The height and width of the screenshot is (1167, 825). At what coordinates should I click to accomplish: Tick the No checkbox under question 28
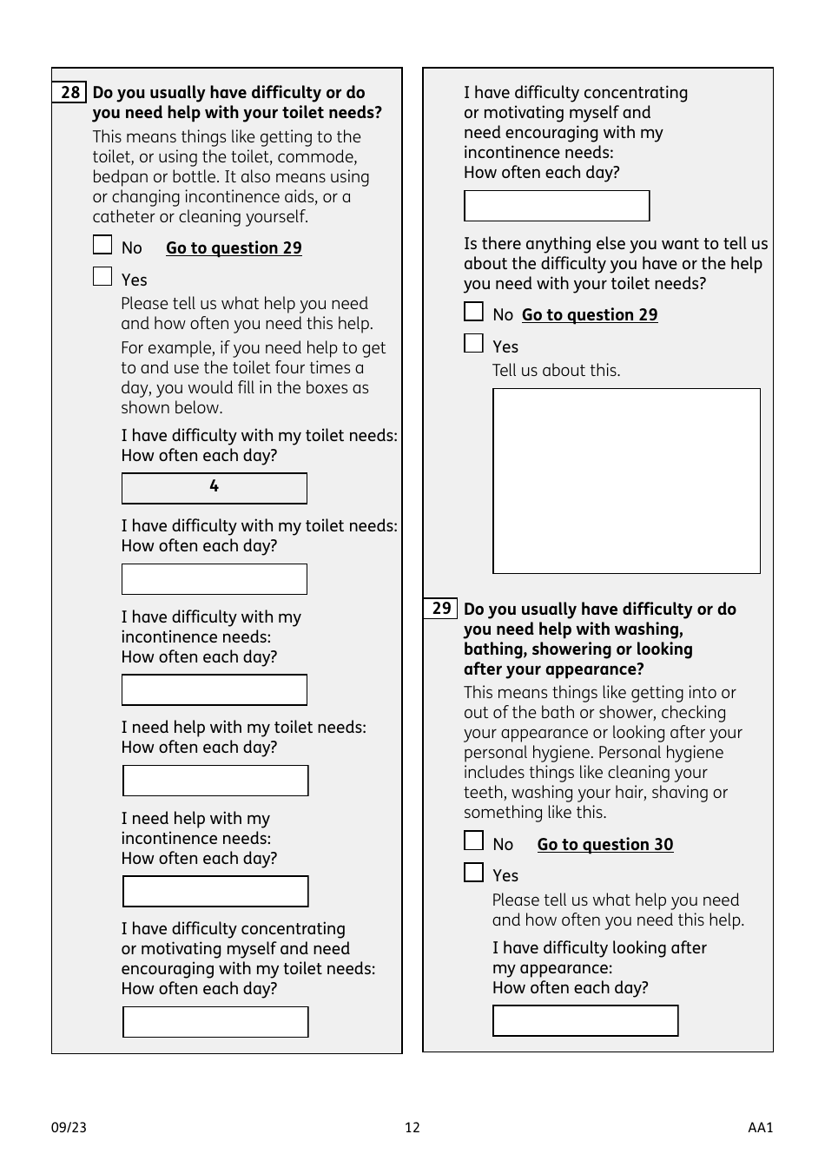click(102, 246)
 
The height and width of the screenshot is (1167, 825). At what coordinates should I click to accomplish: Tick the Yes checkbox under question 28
click(102, 277)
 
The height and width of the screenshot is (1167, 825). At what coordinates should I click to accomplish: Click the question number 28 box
click(69, 93)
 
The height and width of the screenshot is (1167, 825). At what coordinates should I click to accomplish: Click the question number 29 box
click(440, 609)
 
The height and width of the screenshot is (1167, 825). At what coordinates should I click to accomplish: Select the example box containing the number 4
click(214, 488)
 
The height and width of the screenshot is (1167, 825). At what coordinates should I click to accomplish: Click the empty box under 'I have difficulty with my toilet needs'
click(214, 579)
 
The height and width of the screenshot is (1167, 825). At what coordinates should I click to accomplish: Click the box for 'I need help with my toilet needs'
click(215, 781)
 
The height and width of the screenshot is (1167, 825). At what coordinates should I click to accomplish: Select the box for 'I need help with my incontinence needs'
click(215, 892)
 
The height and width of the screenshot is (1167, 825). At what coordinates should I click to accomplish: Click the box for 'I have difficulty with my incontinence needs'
click(214, 690)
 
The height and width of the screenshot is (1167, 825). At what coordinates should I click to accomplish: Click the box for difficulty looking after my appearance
click(585, 1021)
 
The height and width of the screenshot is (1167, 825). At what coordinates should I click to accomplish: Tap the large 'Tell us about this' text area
click(626, 481)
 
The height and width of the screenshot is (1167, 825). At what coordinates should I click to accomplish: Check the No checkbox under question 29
click(473, 841)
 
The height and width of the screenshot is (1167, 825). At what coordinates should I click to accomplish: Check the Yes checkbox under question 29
click(473, 873)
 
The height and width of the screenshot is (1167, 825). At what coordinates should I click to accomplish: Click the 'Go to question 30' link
click(604, 845)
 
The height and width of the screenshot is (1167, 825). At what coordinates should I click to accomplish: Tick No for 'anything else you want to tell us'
click(473, 312)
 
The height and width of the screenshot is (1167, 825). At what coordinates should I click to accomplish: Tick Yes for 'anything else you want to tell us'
click(473, 344)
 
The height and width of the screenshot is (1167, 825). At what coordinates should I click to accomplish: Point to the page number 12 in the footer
click(412, 1128)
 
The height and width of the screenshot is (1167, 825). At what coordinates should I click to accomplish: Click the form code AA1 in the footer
click(760, 1128)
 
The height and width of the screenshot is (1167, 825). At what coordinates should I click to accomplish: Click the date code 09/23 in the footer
click(69, 1128)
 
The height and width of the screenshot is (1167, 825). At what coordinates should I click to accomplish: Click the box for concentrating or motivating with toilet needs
click(215, 1022)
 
